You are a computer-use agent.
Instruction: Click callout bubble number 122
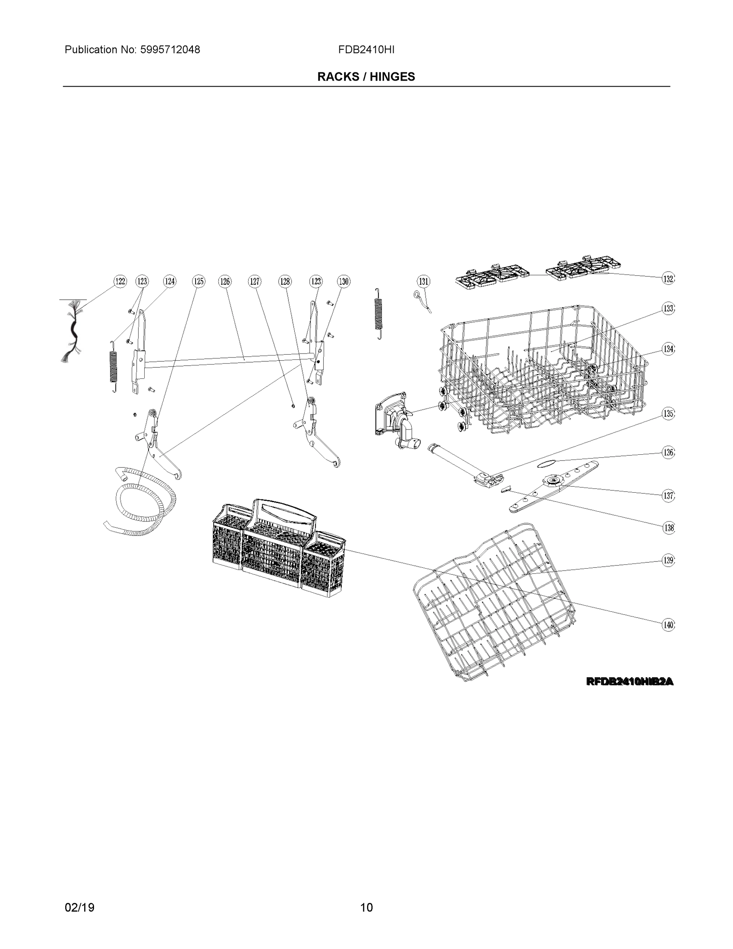tap(120, 282)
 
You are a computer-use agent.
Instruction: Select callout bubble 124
tap(170, 282)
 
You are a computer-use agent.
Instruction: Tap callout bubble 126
tap(224, 282)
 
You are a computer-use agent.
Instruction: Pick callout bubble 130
tap(343, 282)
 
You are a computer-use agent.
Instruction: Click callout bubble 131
tap(423, 282)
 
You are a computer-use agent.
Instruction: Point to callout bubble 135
tap(668, 413)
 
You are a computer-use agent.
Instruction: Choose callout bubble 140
tap(668, 625)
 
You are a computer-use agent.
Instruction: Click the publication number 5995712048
tap(170, 50)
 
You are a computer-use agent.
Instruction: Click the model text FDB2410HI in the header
tap(366, 50)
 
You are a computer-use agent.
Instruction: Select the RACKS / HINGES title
tap(366, 77)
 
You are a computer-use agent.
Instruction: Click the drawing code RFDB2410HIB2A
tap(629, 682)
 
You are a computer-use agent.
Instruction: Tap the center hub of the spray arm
tap(554, 479)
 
